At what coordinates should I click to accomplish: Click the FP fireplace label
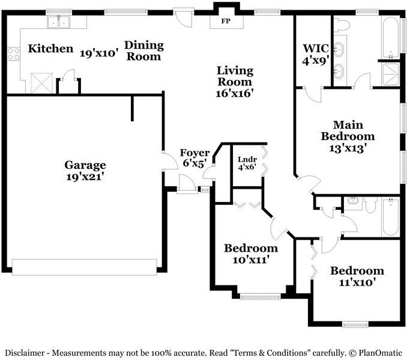[x=226, y=21]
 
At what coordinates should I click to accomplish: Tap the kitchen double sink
[x=59, y=22]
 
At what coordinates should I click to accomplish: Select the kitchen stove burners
[x=13, y=54]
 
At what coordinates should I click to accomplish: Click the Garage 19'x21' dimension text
[x=85, y=177]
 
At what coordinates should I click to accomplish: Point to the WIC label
[x=316, y=48]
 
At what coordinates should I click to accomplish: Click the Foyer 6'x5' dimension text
[x=195, y=163]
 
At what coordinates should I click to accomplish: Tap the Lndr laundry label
[x=247, y=160]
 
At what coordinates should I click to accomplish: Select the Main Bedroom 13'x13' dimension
[x=348, y=148]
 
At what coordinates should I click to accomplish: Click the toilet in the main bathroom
[x=342, y=25]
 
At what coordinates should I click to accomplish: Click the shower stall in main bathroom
[x=390, y=75]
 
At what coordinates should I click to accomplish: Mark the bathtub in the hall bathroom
[x=390, y=217]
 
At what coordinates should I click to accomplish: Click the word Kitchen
[x=50, y=49]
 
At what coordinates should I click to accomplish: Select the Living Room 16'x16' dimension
[x=235, y=93]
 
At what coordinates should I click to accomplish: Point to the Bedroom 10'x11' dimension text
[x=250, y=260]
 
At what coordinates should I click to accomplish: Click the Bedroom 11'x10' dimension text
[x=357, y=282]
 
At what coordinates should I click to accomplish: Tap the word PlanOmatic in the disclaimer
[x=380, y=353]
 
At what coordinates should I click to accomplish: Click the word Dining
[x=144, y=46]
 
